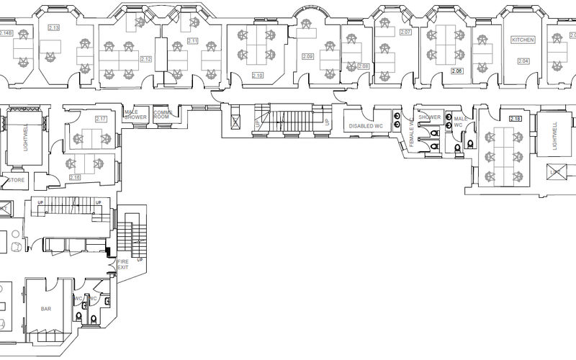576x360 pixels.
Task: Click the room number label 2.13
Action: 53,27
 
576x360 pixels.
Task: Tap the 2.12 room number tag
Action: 146,59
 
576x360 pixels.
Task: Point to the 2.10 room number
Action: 257,75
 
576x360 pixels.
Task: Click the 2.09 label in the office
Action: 308,56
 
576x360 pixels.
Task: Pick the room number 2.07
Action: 405,33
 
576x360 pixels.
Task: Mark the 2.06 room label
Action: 456,71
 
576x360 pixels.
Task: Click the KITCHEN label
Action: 523,40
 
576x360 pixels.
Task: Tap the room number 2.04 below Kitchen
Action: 523,61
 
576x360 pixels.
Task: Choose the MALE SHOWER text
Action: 135,114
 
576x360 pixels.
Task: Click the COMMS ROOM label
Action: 161,114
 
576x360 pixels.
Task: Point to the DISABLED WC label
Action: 364,126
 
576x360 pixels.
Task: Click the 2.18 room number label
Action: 515,119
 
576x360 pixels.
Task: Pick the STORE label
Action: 17,181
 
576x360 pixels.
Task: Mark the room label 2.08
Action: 363,66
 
